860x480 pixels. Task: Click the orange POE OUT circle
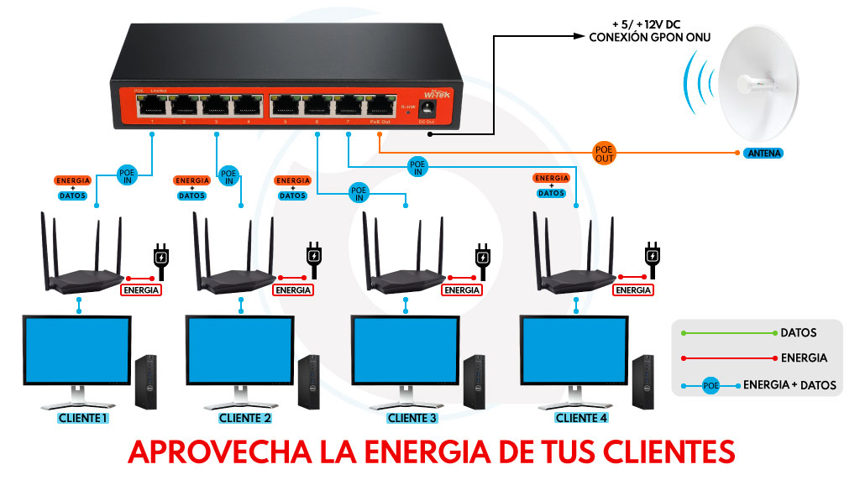pyautogui.click(x=604, y=152)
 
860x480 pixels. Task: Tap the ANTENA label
pyautogui.click(x=763, y=154)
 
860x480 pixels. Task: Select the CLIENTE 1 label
pyautogui.click(x=83, y=418)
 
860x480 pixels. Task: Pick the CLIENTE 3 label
pyautogui.click(x=412, y=418)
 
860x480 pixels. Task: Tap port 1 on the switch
pyautogui.click(x=152, y=106)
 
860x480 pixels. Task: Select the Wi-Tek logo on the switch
pyautogui.click(x=436, y=95)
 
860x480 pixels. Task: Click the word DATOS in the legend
pyautogui.click(x=799, y=333)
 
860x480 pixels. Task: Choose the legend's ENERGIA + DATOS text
pyautogui.click(x=789, y=385)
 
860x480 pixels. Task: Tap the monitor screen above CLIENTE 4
pyautogui.click(x=574, y=348)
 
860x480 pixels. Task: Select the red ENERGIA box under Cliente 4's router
pyautogui.click(x=633, y=290)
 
